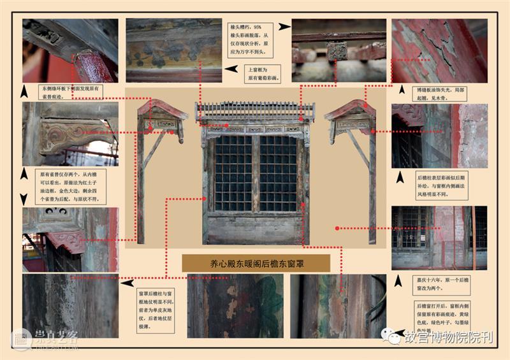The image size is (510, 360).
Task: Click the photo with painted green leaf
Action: (236, 306)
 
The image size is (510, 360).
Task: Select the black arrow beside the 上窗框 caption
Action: (234, 69)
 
